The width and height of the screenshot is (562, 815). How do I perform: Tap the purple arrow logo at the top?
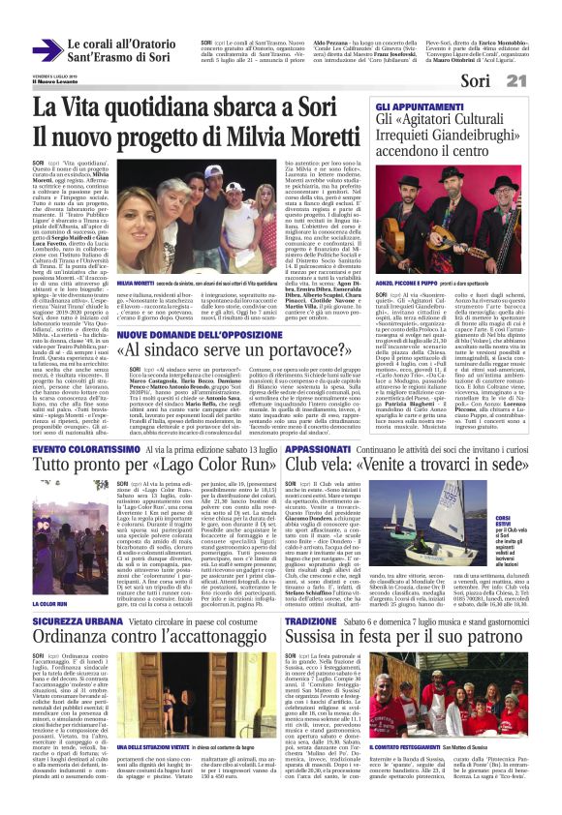47,51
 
